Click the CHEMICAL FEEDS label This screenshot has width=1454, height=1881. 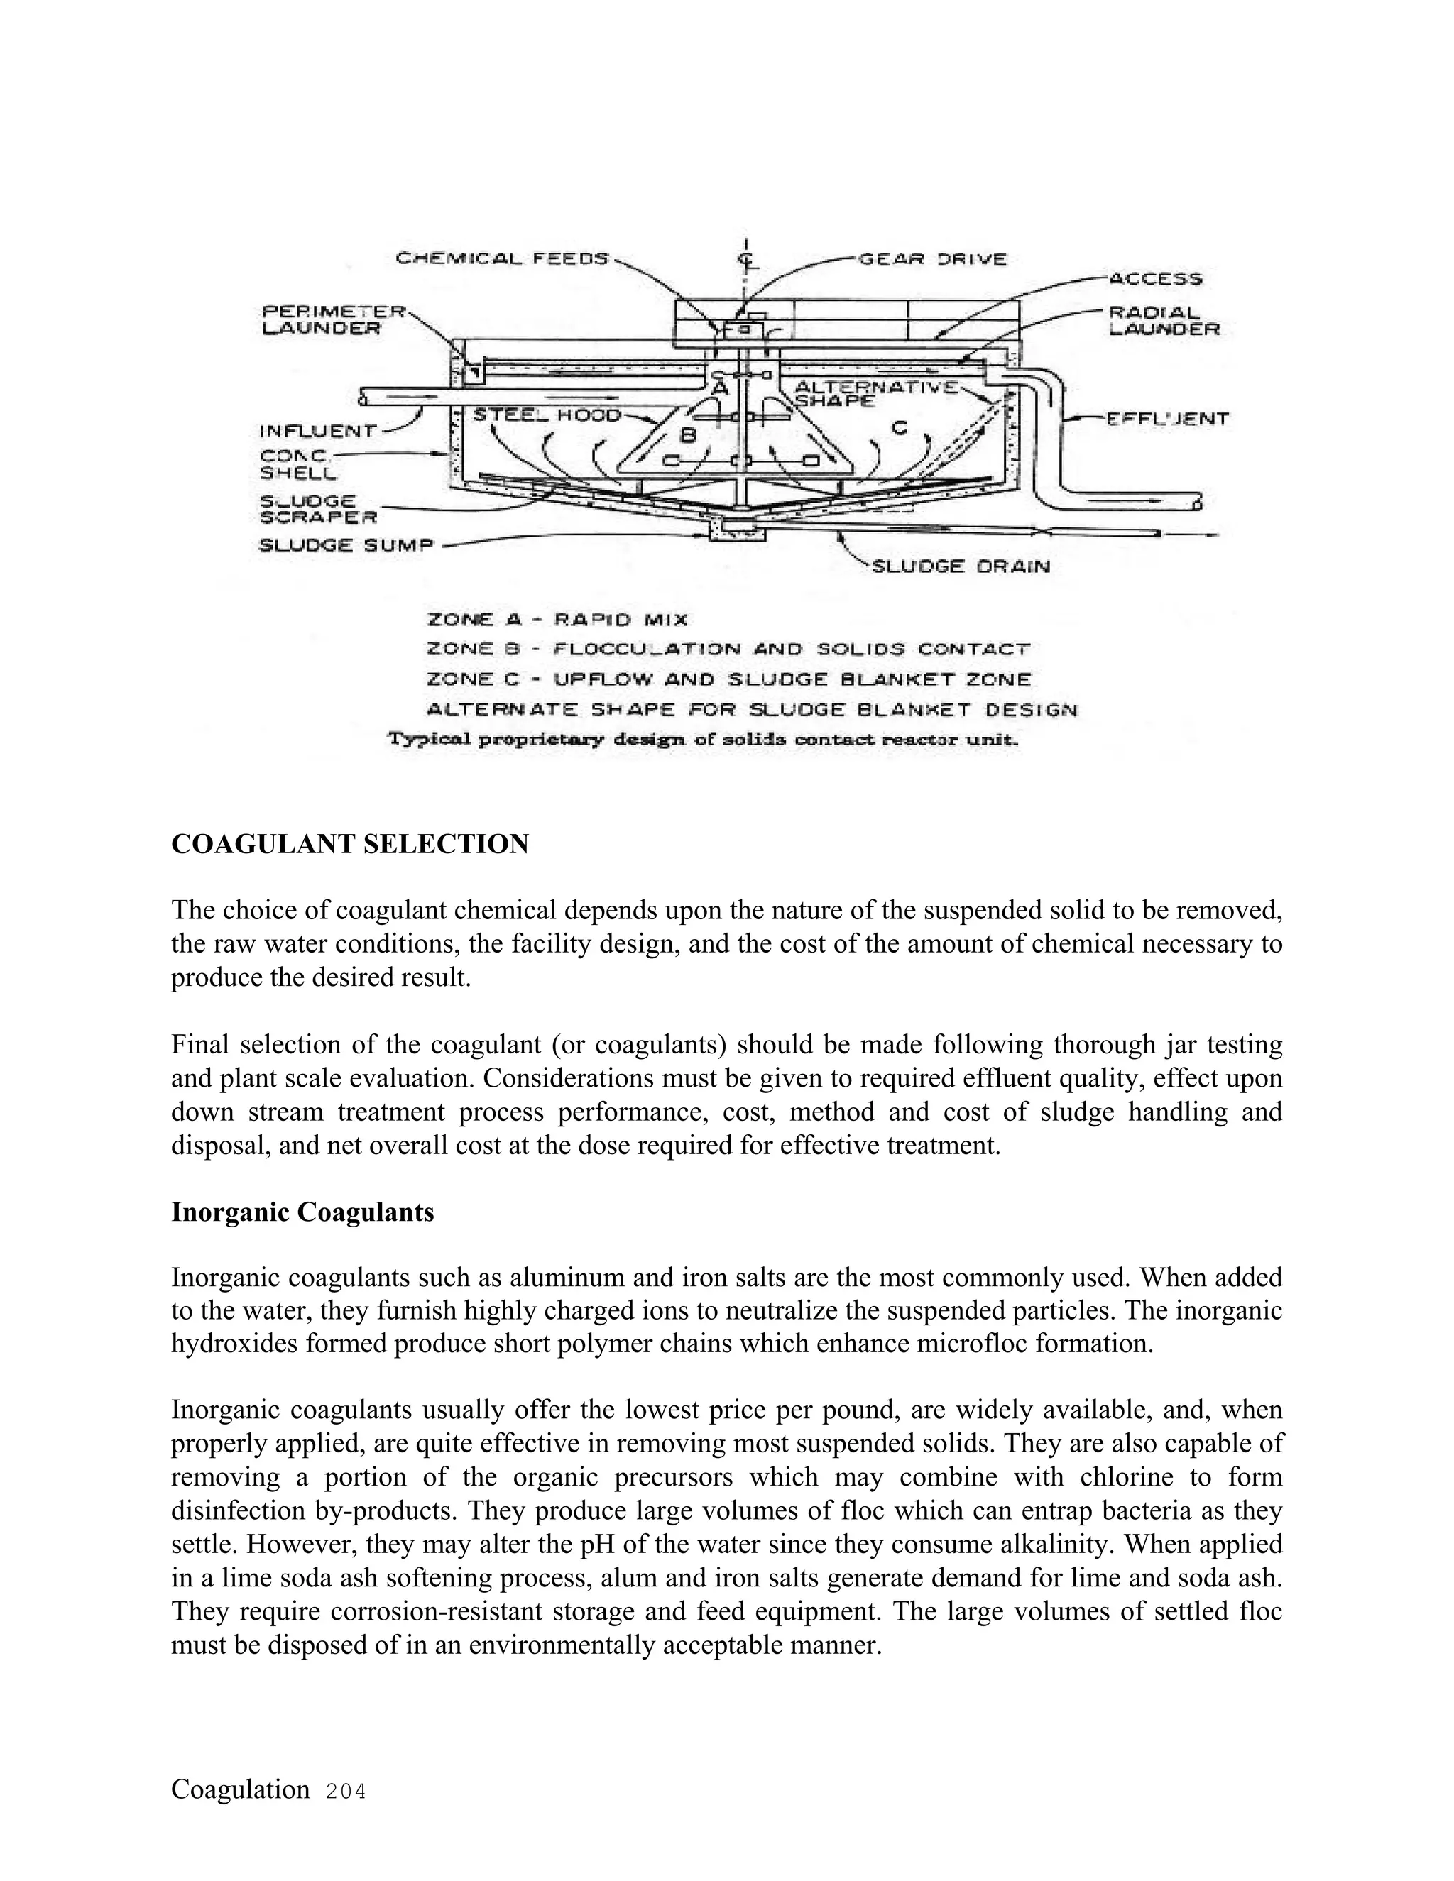click(501, 258)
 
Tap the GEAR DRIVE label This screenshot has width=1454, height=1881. click(932, 258)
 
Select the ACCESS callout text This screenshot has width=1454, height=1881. click(1154, 279)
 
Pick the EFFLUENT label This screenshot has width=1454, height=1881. click(1166, 419)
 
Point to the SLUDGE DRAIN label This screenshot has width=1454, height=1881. click(961, 566)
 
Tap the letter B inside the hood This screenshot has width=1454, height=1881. click(688, 436)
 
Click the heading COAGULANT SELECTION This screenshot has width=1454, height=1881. click(350, 844)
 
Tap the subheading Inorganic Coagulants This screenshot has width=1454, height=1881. click(302, 1212)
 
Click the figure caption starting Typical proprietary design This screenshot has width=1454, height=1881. click(704, 740)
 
